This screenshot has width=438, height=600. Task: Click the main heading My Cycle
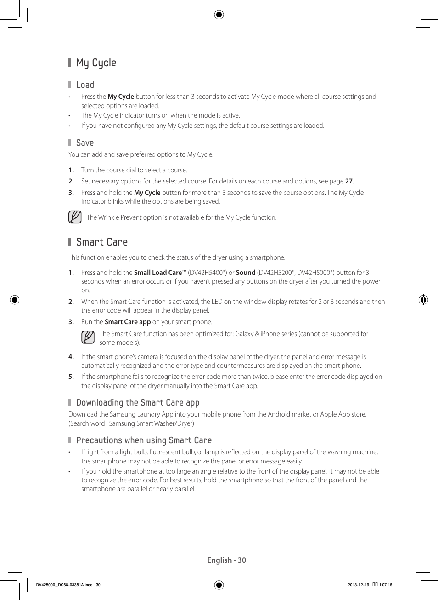pos(96,63)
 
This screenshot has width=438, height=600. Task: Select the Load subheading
pos(85,85)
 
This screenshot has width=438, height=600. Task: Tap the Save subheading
pos(84,143)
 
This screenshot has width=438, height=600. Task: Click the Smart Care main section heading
pos(101,242)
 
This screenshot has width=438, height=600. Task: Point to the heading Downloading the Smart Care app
pos(137,403)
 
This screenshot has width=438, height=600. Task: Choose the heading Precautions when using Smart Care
pos(144,440)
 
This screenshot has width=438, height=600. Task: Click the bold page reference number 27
pos(348,181)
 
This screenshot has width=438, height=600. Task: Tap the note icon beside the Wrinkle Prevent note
pos(75,217)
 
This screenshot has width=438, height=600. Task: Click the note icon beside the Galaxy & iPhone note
pos(88,337)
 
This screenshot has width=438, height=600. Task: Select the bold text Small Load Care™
pos(160,273)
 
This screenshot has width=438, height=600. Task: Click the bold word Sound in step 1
pos(246,273)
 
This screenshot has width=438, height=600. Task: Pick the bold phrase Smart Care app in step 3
pos(128,322)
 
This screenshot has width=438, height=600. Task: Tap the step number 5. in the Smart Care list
pos(71,377)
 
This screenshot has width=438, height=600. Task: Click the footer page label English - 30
pos(226,560)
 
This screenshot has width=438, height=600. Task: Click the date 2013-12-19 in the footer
pos(358,585)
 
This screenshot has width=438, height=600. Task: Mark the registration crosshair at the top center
pos(219,15)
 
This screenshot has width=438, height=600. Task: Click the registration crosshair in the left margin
pos(15,300)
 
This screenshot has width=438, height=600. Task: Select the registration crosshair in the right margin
pos(423,300)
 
